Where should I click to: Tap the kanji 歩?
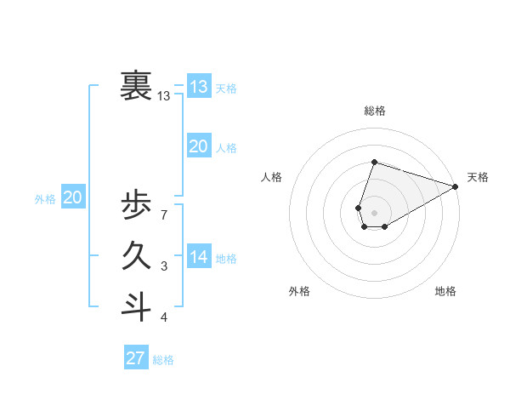(x=137, y=208)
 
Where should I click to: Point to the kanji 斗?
(x=137, y=306)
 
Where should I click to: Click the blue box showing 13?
(x=198, y=87)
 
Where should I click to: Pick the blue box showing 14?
(x=198, y=257)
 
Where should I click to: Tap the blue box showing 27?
(x=136, y=357)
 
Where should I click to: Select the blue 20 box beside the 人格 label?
(x=198, y=146)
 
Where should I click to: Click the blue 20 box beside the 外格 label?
(x=73, y=197)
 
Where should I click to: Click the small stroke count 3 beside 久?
(x=163, y=266)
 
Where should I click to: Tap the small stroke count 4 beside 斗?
(x=163, y=317)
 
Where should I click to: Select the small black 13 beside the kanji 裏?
(x=164, y=96)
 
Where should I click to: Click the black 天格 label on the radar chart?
(x=478, y=177)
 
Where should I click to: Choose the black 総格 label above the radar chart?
(x=375, y=111)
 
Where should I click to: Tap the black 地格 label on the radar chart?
(x=445, y=291)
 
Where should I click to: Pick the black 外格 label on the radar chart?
(x=299, y=291)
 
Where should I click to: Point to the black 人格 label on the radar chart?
(x=272, y=177)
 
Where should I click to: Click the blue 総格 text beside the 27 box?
(x=163, y=360)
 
